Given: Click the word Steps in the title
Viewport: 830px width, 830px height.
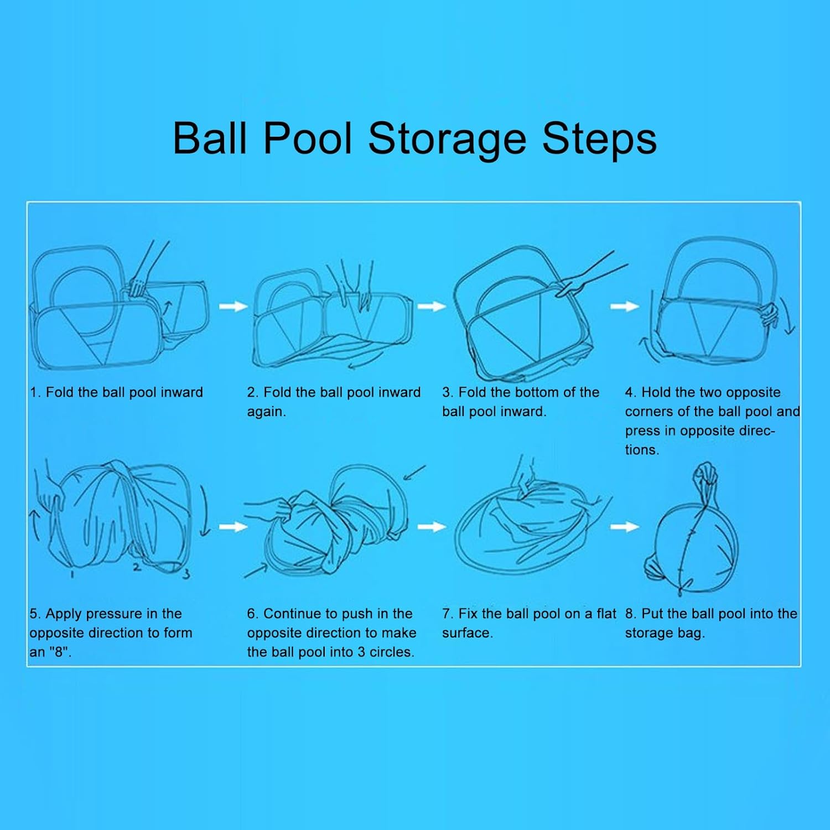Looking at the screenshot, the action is [x=599, y=139].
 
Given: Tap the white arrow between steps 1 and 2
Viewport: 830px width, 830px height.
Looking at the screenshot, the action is [x=233, y=306].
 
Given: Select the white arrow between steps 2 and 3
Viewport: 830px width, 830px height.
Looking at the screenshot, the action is [x=432, y=306].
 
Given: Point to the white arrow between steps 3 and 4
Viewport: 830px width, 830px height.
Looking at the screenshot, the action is [x=625, y=306].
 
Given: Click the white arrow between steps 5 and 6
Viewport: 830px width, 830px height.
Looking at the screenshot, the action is [x=233, y=526].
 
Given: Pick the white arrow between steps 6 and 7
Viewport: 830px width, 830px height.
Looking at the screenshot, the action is [x=432, y=526].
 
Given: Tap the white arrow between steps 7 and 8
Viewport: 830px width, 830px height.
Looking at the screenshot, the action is [x=625, y=526].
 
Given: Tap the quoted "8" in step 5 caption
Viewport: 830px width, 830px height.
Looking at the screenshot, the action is [x=57, y=652].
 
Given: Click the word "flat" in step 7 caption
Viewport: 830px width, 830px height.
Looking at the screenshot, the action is [x=606, y=614].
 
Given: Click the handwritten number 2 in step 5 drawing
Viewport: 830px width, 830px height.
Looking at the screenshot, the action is [x=137, y=567].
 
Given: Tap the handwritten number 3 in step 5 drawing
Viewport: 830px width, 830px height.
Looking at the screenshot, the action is [x=186, y=573].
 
